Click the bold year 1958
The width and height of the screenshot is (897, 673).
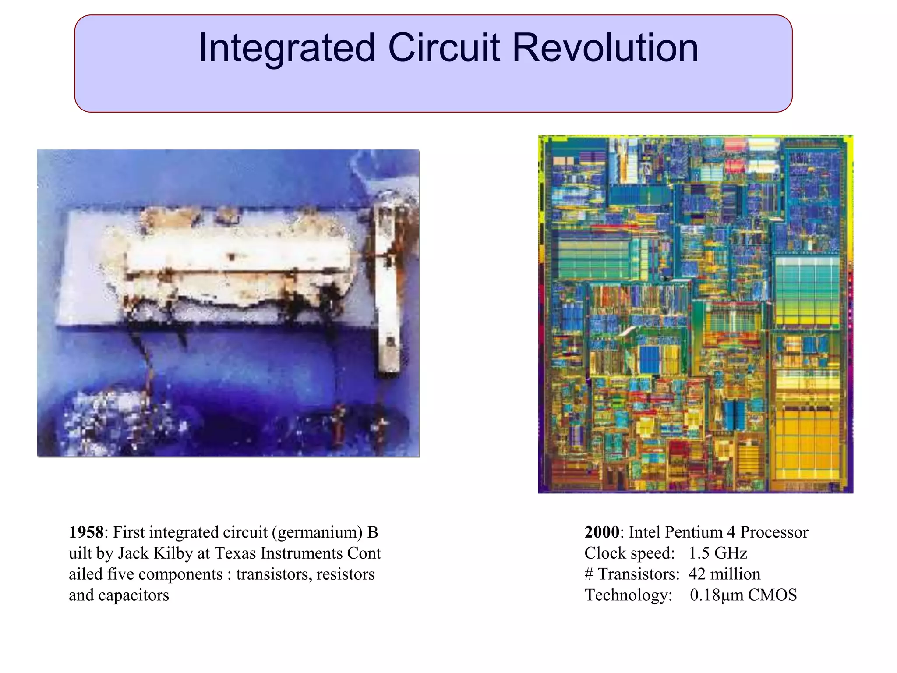86,532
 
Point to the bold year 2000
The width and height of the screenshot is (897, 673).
602,532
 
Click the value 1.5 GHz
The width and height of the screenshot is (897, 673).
717,553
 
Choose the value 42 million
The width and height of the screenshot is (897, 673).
724,574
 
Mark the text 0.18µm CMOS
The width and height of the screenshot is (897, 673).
743,595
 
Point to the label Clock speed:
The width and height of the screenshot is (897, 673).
629,553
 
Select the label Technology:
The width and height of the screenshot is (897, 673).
629,595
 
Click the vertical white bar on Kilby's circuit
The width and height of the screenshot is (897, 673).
387,289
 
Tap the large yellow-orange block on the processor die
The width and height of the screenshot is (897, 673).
807,443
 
